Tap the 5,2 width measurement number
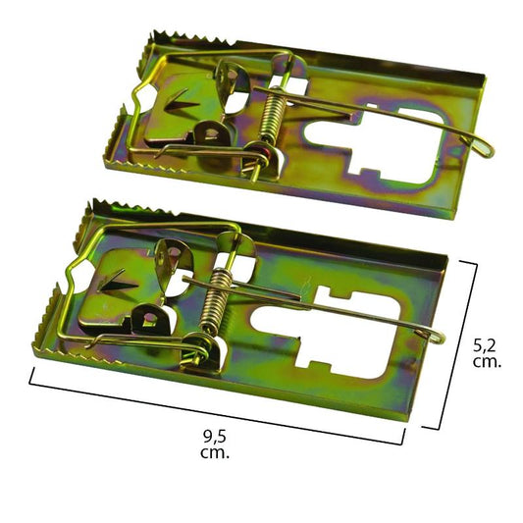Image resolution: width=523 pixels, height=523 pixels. (x=488, y=344)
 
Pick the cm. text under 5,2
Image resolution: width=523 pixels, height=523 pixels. (x=488, y=362)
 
